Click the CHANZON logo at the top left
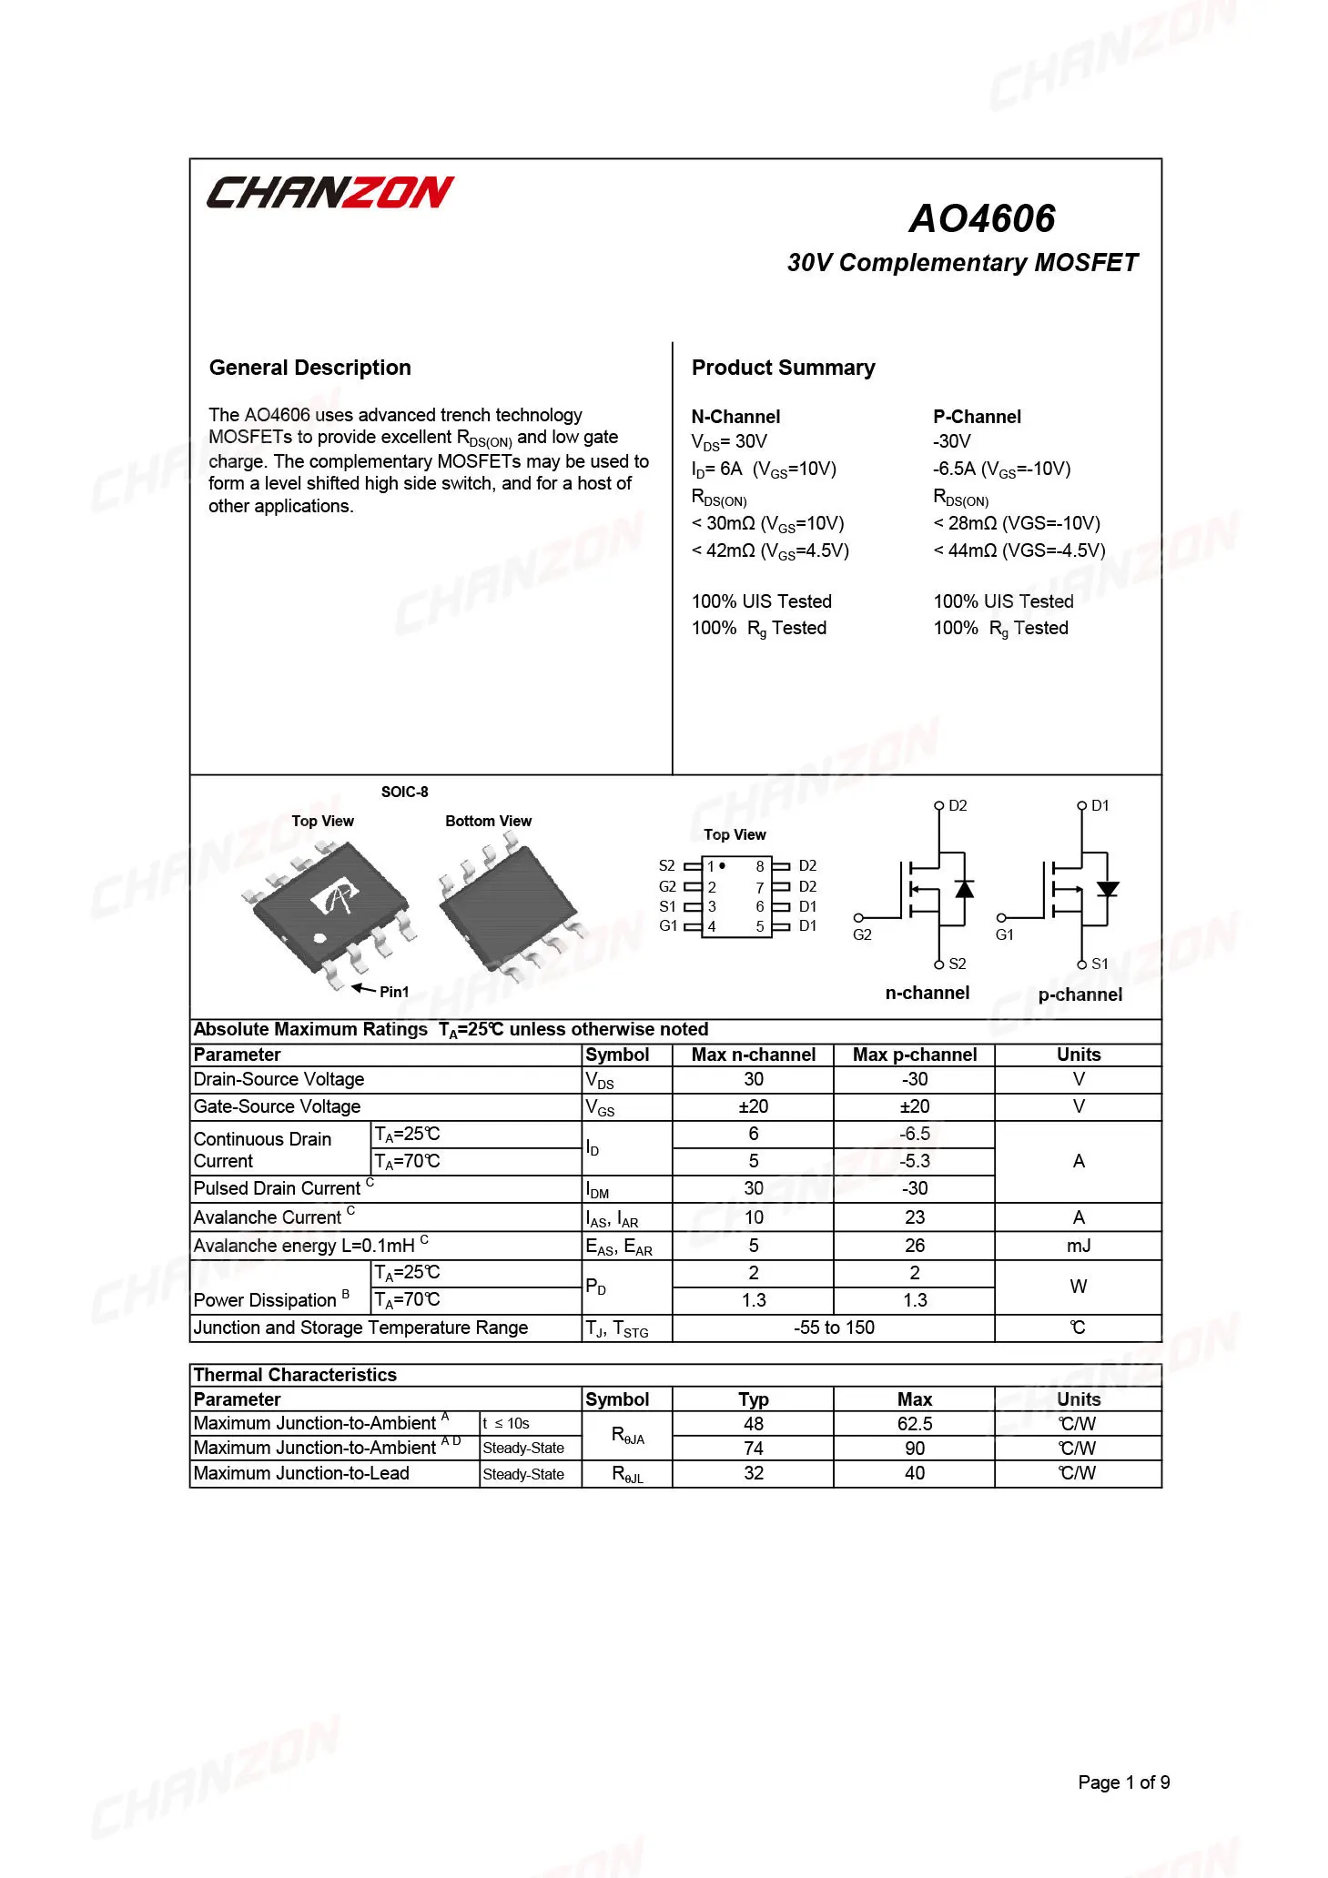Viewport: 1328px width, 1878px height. (329, 192)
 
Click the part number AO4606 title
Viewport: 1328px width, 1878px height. (982, 218)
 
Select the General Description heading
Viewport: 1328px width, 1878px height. (309, 368)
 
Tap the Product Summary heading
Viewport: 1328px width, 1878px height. (783, 368)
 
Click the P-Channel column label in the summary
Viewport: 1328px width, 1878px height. (977, 417)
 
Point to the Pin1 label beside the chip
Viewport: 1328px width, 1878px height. (394, 992)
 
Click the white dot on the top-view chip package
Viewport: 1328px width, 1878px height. (319, 938)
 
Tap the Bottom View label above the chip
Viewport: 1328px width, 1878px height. (488, 821)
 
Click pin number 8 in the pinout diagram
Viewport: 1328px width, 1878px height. (760, 867)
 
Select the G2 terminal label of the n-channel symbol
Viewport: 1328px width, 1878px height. (862, 934)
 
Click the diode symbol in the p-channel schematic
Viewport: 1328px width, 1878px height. (1107, 889)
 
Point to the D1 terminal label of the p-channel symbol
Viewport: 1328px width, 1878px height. (1100, 806)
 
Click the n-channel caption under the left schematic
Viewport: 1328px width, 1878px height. (927, 993)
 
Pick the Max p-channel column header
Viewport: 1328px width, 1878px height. (914, 1055)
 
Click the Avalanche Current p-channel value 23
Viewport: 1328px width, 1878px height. (915, 1217)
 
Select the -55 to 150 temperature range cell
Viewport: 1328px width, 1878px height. (834, 1328)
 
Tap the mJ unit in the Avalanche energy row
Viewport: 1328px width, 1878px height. (1079, 1246)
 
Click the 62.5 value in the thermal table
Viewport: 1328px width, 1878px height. (915, 1424)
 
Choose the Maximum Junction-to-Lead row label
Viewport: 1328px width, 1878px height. (301, 1473)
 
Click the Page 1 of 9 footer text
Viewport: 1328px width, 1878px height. (1123, 1782)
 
